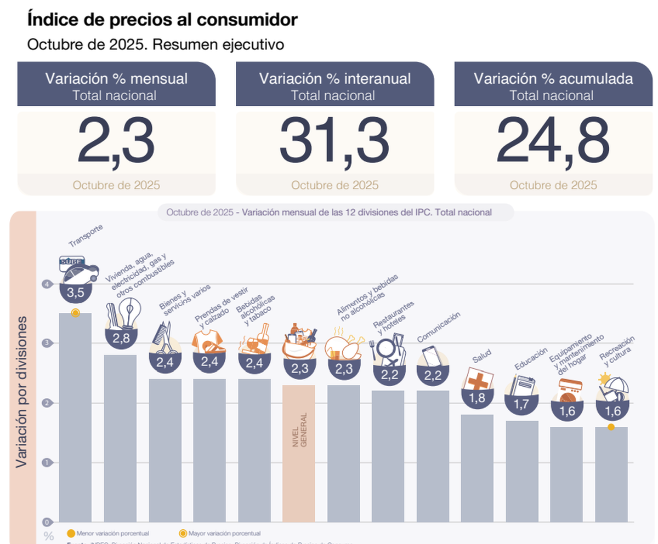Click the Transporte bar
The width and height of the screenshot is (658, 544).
tap(75, 416)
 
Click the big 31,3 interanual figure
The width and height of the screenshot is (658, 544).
tap(334, 142)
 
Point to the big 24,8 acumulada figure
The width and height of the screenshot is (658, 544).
tap(553, 142)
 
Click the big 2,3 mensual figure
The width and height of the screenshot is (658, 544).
tap(116, 142)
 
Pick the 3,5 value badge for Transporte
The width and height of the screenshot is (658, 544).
tap(75, 293)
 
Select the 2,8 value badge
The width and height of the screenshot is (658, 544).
tap(121, 338)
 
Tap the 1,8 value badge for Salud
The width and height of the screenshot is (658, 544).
tap(477, 398)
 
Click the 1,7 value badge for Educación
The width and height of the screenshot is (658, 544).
tap(522, 404)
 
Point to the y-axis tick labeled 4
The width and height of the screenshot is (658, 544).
tap(48, 284)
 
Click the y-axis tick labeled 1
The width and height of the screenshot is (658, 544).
tap(48, 462)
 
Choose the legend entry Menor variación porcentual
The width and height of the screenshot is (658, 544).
tap(107, 533)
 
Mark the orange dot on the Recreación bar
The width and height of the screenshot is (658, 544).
tap(611, 427)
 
